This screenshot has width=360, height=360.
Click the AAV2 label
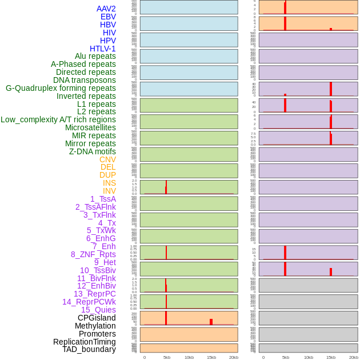(106, 9)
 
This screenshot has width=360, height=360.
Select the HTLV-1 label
(103, 49)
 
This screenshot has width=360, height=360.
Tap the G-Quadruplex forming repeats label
(61, 89)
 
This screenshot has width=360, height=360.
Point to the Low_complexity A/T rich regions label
(58, 119)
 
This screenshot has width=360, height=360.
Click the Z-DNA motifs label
(93, 151)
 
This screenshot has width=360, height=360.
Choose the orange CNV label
(107, 159)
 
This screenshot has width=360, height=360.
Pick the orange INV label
(109, 191)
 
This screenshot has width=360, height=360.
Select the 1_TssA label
(103, 199)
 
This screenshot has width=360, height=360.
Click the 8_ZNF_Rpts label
(93, 254)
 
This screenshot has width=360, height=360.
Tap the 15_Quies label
(98, 310)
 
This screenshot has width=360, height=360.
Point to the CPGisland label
(97, 318)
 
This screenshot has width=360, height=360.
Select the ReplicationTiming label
(85, 342)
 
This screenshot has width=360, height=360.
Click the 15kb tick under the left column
(211, 357)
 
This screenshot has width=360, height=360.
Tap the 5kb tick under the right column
(285, 357)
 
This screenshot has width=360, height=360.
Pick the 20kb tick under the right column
(354, 357)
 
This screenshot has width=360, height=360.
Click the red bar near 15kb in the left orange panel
(211, 322)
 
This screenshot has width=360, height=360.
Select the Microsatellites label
(90, 127)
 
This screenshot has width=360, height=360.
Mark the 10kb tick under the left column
(189, 357)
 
